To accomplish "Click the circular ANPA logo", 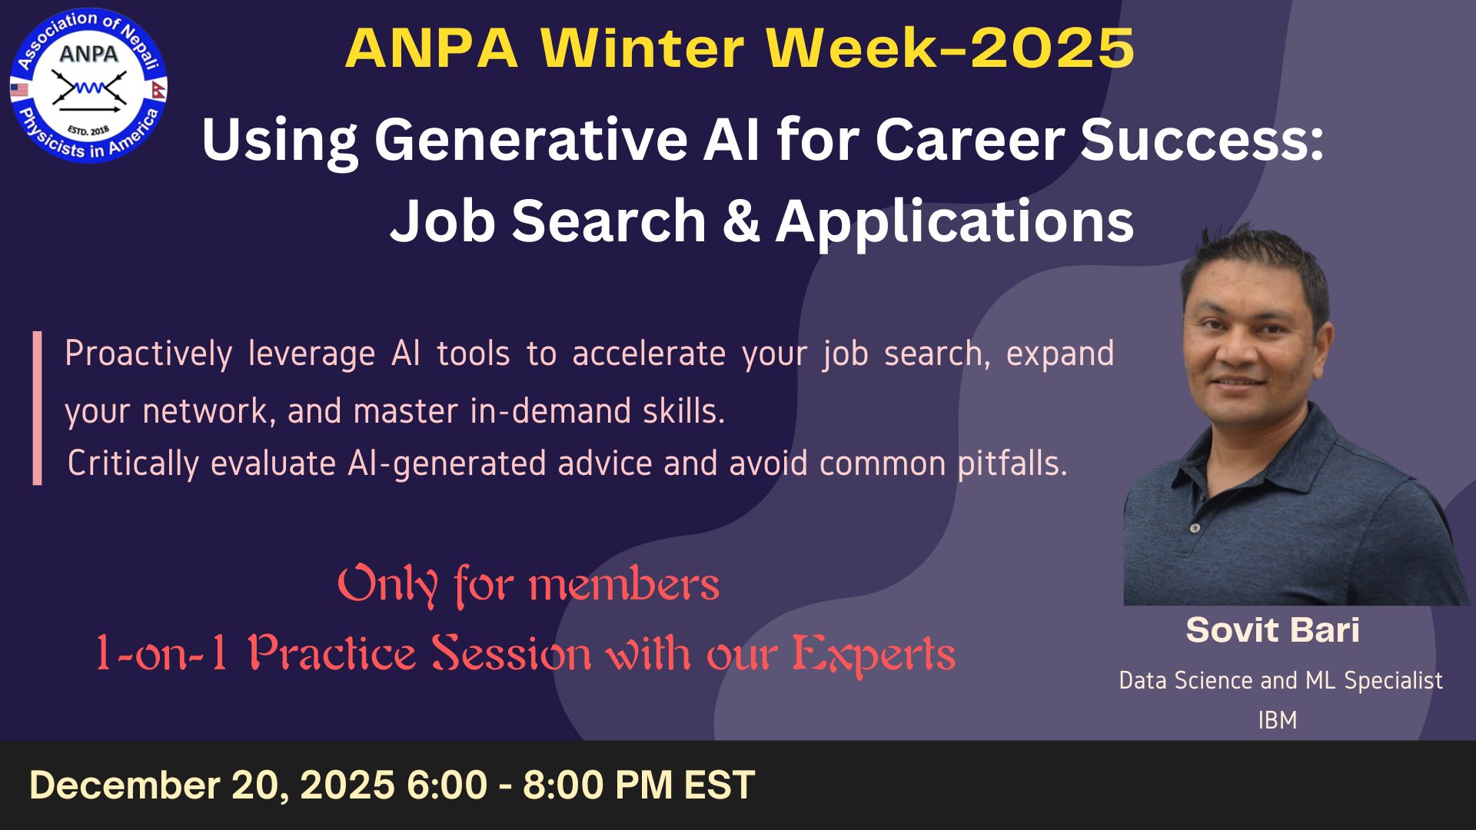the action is pyautogui.click(x=88, y=85).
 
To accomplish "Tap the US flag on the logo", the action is pyautogui.click(x=19, y=91).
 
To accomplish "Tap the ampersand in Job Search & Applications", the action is pyautogui.click(x=742, y=221).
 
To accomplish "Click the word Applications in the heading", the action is pyautogui.click(x=955, y=223).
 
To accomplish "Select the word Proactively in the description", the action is pyautogui.click(x=148, y=354).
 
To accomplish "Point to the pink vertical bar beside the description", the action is pyautogui.click(x=37, y=408).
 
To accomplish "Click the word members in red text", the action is pyautogui.click(x=624, y=586).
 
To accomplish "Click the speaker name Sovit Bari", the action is pyautogui.click(x=1273, y=630).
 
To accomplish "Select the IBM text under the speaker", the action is pyautogui.click(x=1278, y=720).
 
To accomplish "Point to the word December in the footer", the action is pyautogui.click(x=125, y=785).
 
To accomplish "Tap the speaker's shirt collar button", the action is pyautogui.click(x=1195, y=528).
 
